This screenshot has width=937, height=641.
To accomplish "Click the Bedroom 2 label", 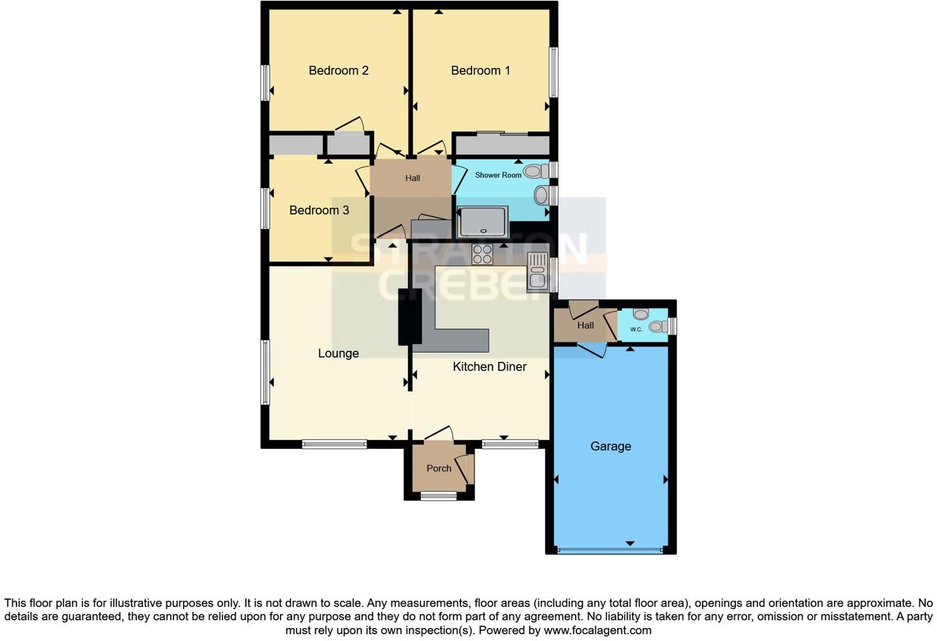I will [x=338, y=70].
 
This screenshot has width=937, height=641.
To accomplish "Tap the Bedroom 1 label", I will [x=480, y=70].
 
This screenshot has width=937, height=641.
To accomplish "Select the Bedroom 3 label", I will [x=319, y=210].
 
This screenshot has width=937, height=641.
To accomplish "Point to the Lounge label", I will [x=338, y=353].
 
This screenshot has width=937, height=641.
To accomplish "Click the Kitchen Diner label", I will [x=489, y=367].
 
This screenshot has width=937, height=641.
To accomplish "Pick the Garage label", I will [x=610, y=446].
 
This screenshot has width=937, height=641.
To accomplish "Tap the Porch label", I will [x=438, y=468].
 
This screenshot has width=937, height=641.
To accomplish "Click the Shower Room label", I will [x=498, y=175].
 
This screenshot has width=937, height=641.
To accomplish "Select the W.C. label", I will [x=636, y=329].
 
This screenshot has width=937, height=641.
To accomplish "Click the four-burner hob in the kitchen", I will [x=482, y=254].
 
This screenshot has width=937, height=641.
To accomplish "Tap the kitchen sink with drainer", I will [x=537, y=271].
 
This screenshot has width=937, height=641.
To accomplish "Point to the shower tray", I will [x=483, y=222].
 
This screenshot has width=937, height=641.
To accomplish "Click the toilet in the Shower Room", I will [x=536, y=171].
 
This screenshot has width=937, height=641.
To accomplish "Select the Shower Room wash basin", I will [x=541, y=195].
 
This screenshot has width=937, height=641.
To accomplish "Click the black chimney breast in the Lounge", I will [x=410, y=316].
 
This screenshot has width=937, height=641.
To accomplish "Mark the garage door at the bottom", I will [x=610, y=549].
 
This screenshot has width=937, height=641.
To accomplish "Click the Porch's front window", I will [x=438, y=495].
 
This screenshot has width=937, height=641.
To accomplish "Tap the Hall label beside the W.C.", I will [x=585, y=325].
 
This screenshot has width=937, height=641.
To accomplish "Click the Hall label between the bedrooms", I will [x=412, y=178].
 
